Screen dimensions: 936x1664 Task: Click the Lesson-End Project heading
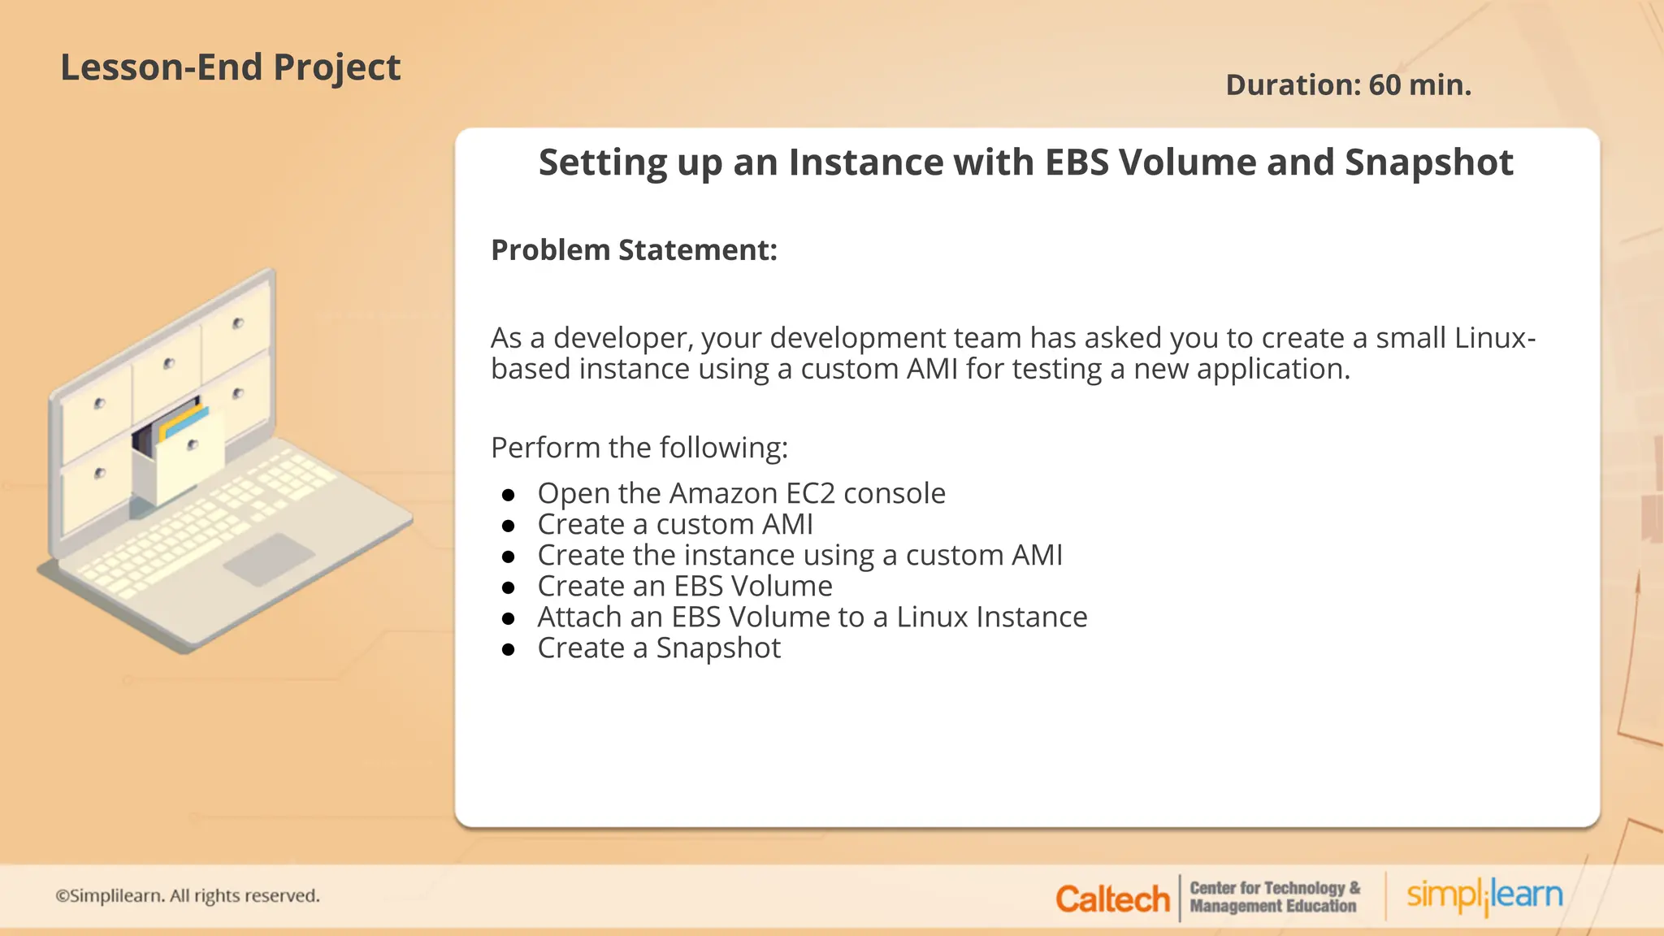(x=230, y=67)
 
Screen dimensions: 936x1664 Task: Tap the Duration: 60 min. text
(x=1348, y=85)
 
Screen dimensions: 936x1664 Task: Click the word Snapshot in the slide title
(x=1428, y=162)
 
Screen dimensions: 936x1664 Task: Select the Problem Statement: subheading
(x=634, y=250)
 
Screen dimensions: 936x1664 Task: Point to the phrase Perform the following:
(x=639, y=448)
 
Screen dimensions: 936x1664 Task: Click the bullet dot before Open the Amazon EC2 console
(x=509, y=495)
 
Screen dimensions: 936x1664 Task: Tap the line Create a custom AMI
(x=674, y=525)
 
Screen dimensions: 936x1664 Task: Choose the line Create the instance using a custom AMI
(x=799, y=556)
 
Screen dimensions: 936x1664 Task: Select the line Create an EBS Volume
(x=684, y=587)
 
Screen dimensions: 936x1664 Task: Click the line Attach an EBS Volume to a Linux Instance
(x=812, y=617)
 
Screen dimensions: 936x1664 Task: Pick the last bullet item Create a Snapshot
(x=658, y=648)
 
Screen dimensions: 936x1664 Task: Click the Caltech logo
(x=1111, y=899)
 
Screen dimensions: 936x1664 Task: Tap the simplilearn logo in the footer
(x=1484, y=895)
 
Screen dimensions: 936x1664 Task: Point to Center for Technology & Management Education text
(x=1274, y=897)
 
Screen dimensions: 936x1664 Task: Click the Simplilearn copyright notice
(x=188, y=895)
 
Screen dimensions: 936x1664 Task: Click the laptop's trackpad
(x=269, y=559)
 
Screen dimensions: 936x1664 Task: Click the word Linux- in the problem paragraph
(x=1494, y=338)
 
